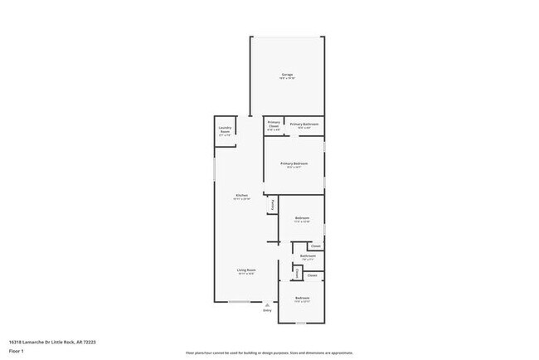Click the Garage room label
[287, 75]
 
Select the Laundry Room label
[225, 129]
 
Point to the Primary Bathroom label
[301, 125]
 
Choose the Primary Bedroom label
[294, 165]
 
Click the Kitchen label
[241, 197]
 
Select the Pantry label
[271, 204]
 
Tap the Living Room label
[246, 270]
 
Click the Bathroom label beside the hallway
[308, 257]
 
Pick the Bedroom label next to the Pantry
[303, 219]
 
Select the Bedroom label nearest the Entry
[302, 298]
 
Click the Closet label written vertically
[298, 274]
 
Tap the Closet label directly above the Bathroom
[315, 246]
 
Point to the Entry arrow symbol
[267, 304]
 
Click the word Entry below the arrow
[267, 310]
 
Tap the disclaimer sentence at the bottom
[269, 353]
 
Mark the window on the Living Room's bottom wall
[240, 301]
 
